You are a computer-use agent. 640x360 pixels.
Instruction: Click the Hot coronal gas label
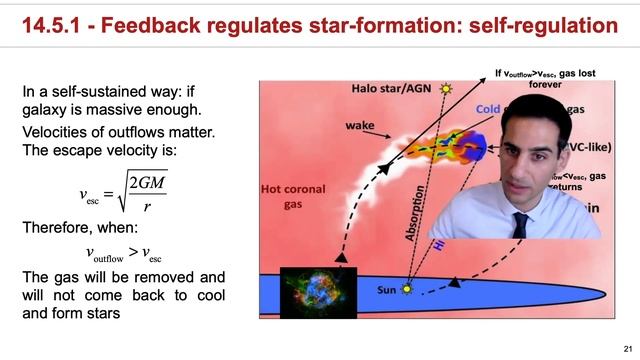[x=293, y=195]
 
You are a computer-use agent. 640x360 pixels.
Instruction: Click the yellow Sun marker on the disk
[x=406, y=290]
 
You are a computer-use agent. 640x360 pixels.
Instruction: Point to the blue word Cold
[x=487, y=109]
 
